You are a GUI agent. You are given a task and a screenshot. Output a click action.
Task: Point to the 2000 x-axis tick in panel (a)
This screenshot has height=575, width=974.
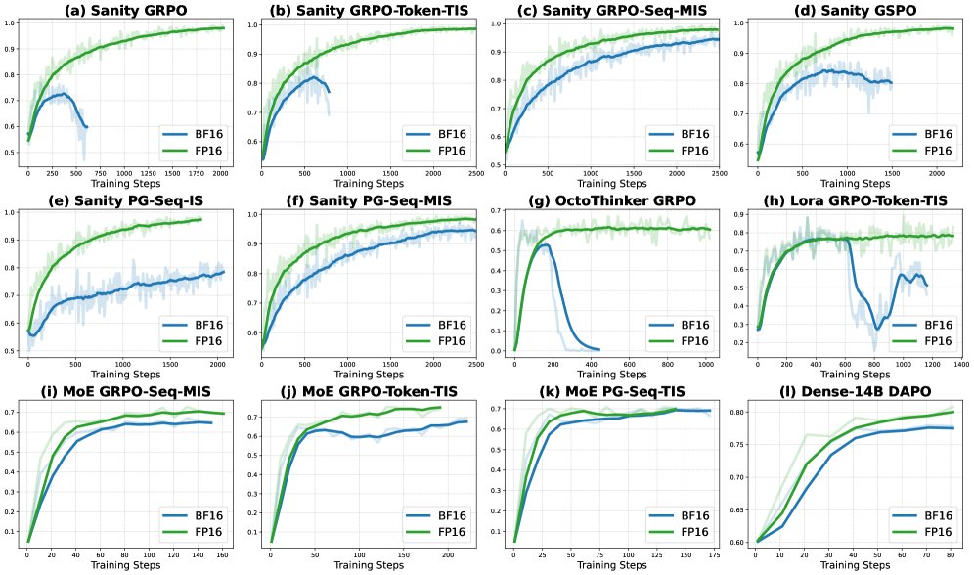click(x=220, y=171)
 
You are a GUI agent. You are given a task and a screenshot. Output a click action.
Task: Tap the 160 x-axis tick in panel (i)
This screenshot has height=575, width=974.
click(x=224, y=553)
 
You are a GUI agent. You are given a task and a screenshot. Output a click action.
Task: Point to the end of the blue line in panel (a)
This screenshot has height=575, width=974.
click(x=87, y=127)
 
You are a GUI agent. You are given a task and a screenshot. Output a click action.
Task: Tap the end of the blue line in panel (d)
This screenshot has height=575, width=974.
click(x=891, y=82)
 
